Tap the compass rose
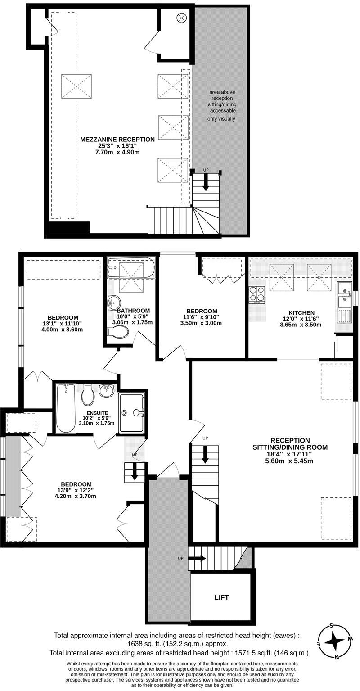(334, 640)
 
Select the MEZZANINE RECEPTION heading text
(117, 140)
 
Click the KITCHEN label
(301, 312)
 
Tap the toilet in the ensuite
(88, 396)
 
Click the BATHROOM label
(133, 311)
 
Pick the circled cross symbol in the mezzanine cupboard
(181, 18)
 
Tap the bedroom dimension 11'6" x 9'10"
(202, 317)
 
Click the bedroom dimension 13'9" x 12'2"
(76, 490)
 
